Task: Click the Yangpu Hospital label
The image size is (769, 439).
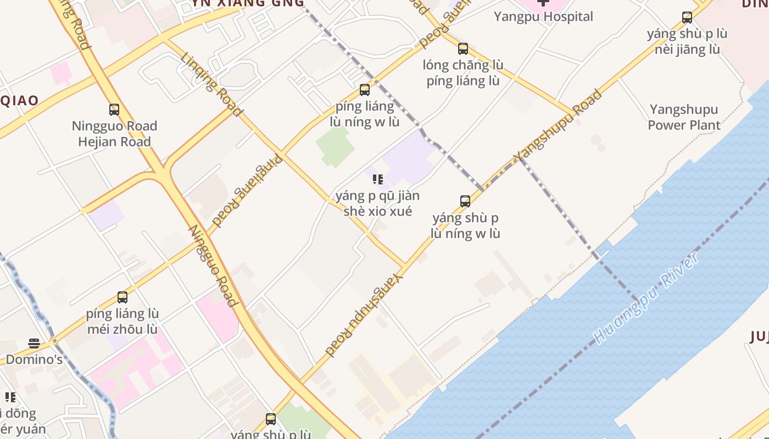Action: coord(543,16)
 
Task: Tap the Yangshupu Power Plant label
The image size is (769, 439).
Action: coord(684,117)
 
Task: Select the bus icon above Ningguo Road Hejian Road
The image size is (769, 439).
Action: coord(114,110)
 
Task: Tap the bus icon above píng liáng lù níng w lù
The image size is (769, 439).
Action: coord(365,90)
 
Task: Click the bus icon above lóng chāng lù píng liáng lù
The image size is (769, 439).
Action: coord(463,49)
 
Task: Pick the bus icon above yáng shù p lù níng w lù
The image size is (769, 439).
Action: coord(465,201)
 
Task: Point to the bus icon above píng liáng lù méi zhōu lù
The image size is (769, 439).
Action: coord(122,297)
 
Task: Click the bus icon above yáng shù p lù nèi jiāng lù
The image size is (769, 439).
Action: coord(687,18)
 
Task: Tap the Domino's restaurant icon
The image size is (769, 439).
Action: coord(34,344)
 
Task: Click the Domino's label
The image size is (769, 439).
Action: coord(34,360)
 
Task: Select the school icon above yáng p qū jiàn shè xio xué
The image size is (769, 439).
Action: coord(377,179)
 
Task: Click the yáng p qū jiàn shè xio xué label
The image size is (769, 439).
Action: coord(377,204)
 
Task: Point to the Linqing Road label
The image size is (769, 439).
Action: coord(212,85)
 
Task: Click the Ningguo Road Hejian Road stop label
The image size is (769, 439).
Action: coord(114,134)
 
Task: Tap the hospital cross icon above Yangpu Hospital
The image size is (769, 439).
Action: coord(543,2)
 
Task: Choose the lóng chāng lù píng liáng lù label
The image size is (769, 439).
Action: coord(463,73)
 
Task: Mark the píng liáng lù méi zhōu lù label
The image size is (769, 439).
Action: coord(122,322)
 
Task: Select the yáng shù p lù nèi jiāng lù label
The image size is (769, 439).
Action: coord(687,42)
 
